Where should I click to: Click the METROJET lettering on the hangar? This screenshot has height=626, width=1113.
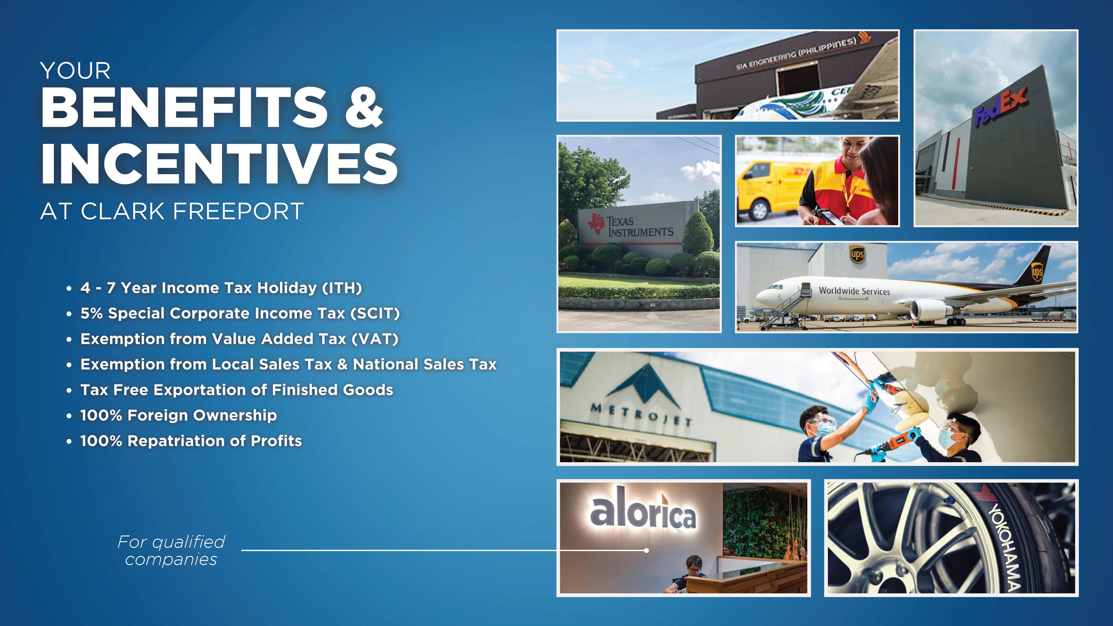pos(641,413)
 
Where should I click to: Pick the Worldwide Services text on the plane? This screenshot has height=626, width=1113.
pos(854,291)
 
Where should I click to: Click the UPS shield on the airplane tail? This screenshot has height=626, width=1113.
pos(1037,272)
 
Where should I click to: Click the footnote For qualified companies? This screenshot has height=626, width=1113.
pos(172,550)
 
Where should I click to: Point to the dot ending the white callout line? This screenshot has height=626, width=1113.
pos(646,550)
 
